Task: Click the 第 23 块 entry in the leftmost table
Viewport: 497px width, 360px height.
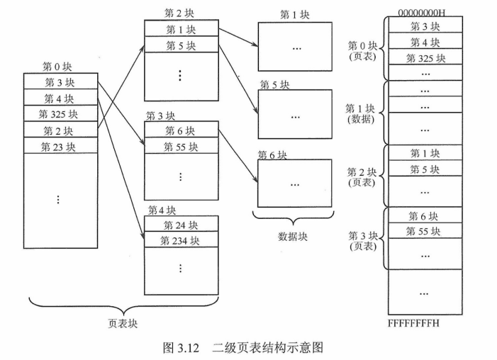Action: coord(59,147)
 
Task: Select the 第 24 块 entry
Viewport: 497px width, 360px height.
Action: coord(181,225)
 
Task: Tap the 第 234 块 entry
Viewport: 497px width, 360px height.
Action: coord(181,240)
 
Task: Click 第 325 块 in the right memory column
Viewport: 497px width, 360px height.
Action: coord(425,57)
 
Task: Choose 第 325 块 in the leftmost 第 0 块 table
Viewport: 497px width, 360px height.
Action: coord(59,114)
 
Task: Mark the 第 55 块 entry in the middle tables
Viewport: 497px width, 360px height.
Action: coord(181,147)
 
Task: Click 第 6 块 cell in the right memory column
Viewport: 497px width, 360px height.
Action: coord(425,215)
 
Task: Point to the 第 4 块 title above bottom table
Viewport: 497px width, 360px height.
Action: coord(162,210)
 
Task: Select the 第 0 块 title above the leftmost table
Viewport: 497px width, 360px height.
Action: coord(57,67)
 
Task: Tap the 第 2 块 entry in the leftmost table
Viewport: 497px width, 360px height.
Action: coord(59,130)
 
